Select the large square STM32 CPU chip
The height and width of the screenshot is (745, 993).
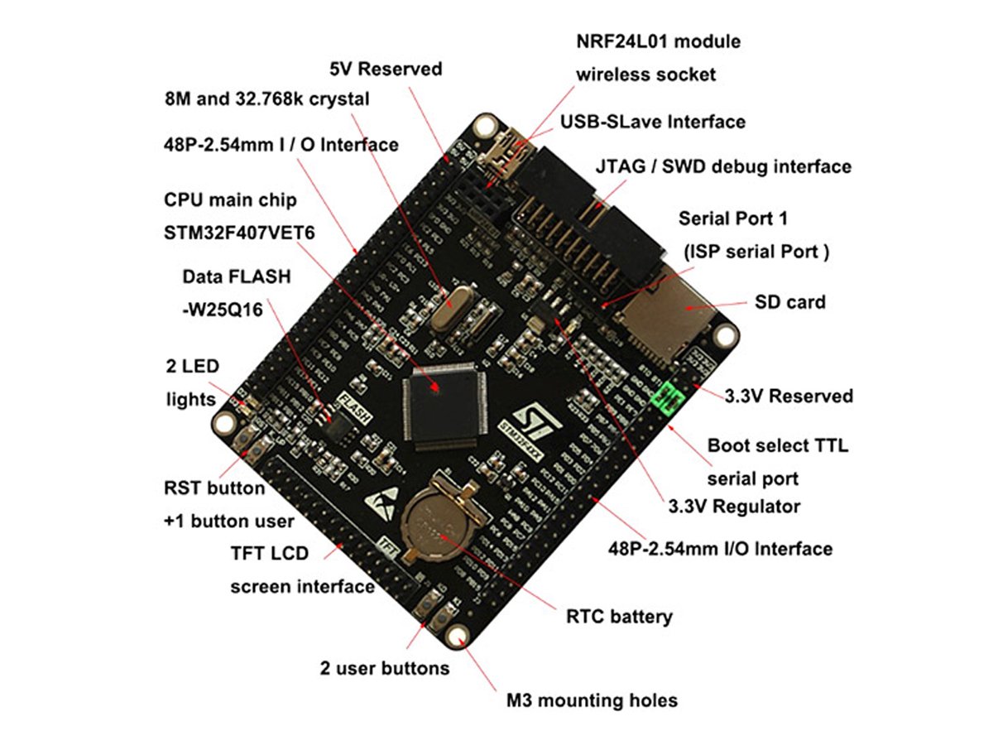(439, 406)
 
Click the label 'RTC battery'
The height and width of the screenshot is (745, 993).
(619, 616)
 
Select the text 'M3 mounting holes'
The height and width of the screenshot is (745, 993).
(592, 700)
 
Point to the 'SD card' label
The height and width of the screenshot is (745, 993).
(789, 302)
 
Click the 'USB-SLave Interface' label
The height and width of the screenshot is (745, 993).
(652, 122)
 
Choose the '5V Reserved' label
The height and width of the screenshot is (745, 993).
(386, 69)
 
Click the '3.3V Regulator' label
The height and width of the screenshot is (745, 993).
(734, 506)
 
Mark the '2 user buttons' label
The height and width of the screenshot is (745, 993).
(385, 667)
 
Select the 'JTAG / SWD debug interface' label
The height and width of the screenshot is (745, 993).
(722, 166)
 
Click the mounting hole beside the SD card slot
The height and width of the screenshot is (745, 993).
(727, 335)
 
